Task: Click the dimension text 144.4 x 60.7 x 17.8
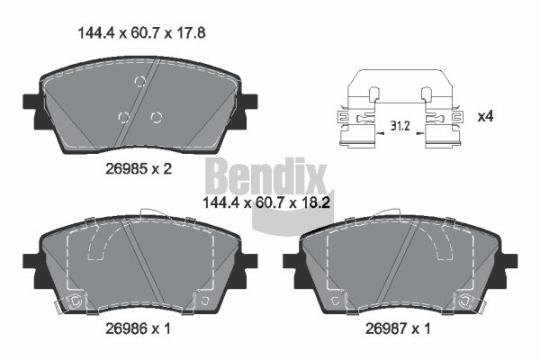tap(142, 33)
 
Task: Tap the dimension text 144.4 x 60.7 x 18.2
tap(266, 202)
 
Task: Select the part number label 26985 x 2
tap(139, 169)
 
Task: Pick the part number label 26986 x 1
tap(138, 328)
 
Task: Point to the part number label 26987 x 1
tap(398, 328)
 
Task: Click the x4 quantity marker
tap(485, 117)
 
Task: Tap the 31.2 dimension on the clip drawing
tap(400, 126)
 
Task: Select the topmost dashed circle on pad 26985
tap(139, 82)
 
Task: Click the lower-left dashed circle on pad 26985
tap(123, 117)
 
